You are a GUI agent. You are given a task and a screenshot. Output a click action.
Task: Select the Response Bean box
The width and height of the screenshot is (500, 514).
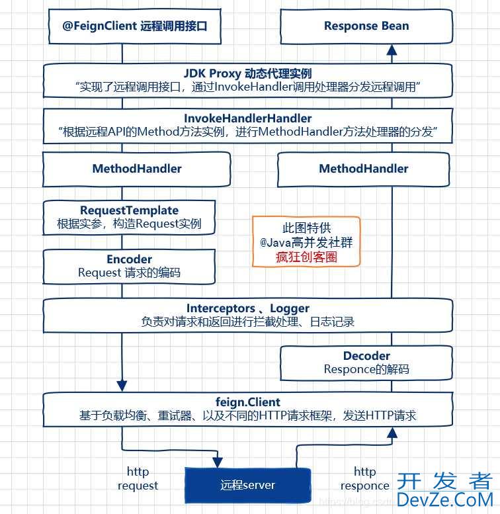(366, 26)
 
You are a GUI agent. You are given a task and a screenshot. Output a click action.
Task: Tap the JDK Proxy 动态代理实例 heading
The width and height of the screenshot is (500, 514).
(247, 73)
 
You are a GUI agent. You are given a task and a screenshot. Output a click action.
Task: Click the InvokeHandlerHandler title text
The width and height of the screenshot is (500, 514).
(247, 119)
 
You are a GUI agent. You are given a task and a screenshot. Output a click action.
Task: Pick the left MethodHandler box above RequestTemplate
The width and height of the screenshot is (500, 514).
(136, 169)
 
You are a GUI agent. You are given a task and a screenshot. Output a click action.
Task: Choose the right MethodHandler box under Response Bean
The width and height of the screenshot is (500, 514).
(363, 169)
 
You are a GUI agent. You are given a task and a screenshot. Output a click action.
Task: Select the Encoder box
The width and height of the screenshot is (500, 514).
(129, 266)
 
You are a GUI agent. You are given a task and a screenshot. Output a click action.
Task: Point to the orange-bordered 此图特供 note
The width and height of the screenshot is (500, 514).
(306, 241)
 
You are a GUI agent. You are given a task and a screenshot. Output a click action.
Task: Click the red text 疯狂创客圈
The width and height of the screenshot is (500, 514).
(306, 257)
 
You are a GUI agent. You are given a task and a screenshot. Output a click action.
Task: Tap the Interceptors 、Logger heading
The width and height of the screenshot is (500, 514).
(247, 308)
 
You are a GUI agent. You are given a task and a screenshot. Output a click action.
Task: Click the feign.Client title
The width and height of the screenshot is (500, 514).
(247, 402)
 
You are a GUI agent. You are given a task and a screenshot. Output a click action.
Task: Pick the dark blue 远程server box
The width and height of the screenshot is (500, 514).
(247, 485)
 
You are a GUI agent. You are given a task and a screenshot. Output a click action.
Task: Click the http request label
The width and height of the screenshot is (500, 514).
(138, 478)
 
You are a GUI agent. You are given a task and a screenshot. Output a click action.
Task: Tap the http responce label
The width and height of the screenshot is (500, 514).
(364, 478)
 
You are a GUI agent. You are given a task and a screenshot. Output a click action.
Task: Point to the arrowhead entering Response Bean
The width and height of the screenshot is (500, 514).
(392, 49)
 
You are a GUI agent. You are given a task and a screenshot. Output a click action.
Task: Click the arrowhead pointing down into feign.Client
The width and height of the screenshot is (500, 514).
(122, 386)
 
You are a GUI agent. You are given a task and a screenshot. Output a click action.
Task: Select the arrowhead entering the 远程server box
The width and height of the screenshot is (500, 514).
(218, 462)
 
